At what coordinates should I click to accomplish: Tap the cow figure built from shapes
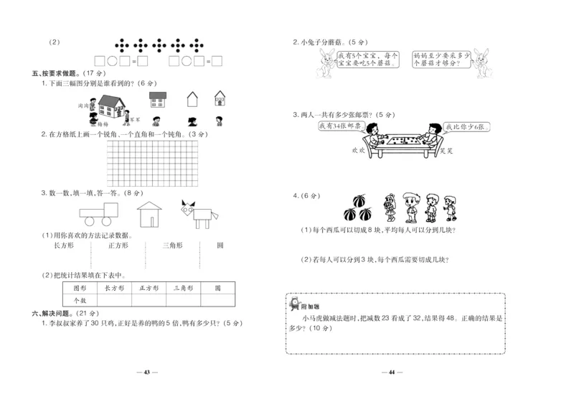tap(199, 212)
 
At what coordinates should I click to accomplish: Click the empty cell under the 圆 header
tap(217, 300)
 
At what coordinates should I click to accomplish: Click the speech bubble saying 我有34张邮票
tap(339, 127)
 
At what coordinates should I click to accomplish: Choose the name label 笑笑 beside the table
tap(446, 151)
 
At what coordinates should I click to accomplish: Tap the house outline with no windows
tap(192, 98)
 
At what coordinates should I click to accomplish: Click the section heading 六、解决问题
tap(54, 314)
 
